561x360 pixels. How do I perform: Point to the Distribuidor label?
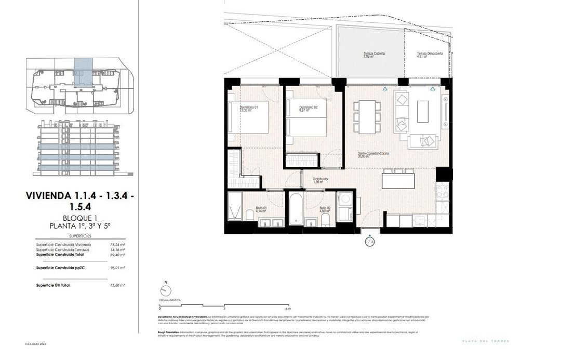click(x=320, y=180)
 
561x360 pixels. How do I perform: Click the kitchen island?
click(x=398, y=180)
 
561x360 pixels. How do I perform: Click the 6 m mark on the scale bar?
click(x=289, y=309)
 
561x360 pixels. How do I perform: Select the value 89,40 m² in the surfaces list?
click(x=117, y=255)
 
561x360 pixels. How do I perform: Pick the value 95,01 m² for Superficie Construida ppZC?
click(x=117, y=268)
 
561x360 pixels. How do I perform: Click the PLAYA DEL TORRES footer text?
click(x=486, y=341)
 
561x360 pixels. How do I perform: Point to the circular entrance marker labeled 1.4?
click(x=369, y=242)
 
